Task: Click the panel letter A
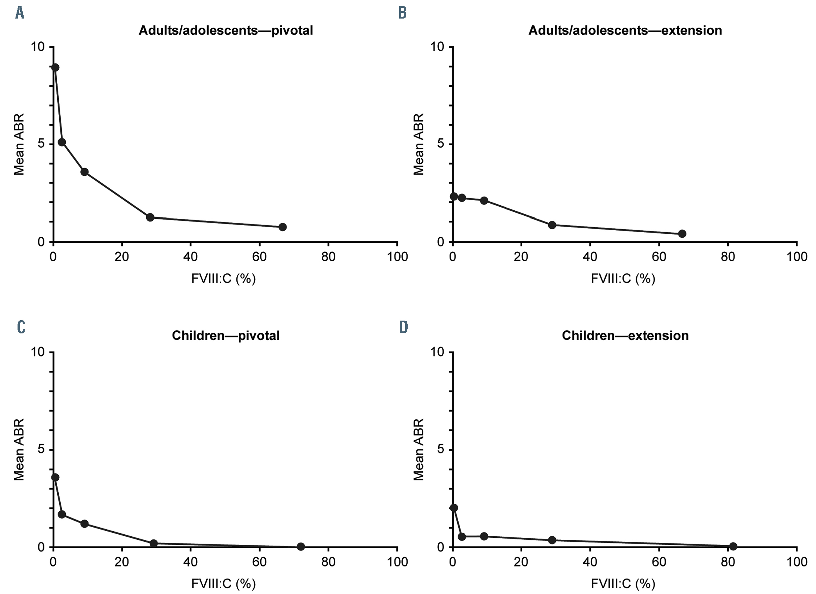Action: point(20,13)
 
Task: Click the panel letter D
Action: point(403,327)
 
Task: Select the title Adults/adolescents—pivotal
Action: point(226,30)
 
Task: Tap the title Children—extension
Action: point(625,335)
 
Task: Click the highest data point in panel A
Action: point(55,67)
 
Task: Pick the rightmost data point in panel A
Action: point(283,227)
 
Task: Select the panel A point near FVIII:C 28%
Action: point(150,217)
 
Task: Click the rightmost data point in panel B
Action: point(682,234)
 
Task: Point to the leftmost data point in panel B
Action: point(454,197)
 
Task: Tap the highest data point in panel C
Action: point(55,477)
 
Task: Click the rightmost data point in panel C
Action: point(301,546)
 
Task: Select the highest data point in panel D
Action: point(454,508)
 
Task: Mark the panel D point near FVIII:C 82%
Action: point(733,546)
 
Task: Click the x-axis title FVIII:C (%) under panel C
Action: point(224,583)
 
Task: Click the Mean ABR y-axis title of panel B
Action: point(418,144)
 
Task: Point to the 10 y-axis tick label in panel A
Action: point(37,47)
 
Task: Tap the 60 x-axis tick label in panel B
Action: point(659,257)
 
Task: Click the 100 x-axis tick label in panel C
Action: point(397,562)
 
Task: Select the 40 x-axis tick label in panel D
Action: point(590,562)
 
